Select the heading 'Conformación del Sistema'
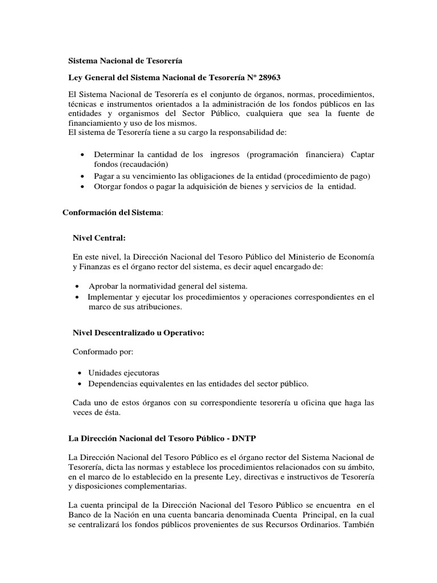coord(112,212)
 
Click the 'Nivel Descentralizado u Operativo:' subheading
coord(138,332)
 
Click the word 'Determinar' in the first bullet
coord(113,155)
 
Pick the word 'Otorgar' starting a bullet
coord(108,187)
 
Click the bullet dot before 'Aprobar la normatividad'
coord(77,286)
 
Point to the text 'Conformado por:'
coord(102,352)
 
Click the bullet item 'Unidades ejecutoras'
coord(124,372)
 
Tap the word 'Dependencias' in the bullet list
coord(116,383)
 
